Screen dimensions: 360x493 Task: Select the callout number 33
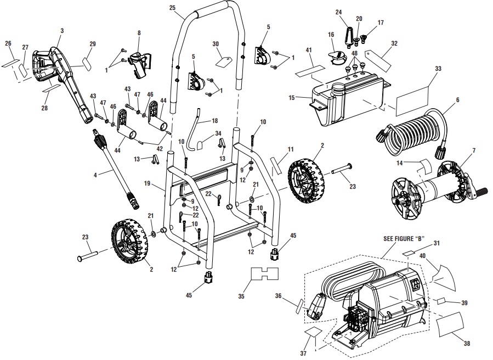(x=438, y=69)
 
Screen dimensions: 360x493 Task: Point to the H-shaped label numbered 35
(x=265, y=274)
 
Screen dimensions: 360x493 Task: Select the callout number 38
(x=467, y=344)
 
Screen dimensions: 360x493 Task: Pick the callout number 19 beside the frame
(x=147, y=183)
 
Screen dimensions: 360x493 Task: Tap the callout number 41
(x=309, y=50)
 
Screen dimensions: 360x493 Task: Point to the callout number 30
(x=215, y=43)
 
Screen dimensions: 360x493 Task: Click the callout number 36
(x=279, y=296)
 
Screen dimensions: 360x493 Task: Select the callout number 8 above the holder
(x=139, y=33)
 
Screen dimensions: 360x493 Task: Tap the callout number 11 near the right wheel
(x=291, y=149)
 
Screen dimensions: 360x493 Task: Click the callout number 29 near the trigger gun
(x=92, y=43)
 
